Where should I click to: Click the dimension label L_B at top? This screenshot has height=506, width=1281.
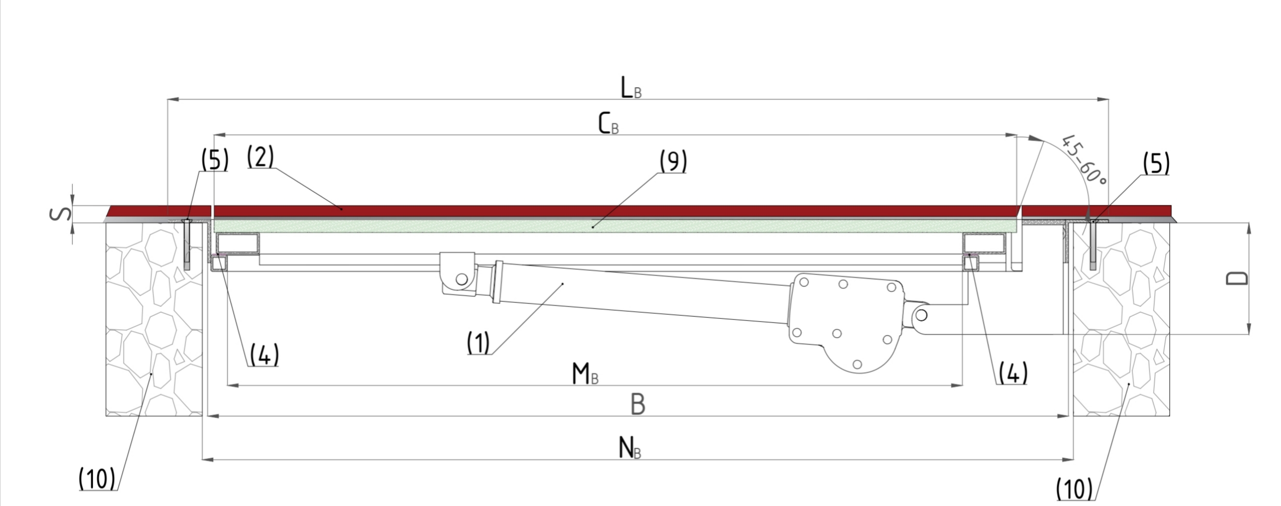coord(630,87)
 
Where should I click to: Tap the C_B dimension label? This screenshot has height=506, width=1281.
coord(608,125)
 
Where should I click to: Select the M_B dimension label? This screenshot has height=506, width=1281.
coord(585,374)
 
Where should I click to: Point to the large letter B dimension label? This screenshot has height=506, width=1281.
coord(638,404)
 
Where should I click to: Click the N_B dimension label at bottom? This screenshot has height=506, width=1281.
coord(629,449)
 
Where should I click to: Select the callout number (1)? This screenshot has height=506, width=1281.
coord(478,343)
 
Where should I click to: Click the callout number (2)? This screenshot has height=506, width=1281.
coord(260,157)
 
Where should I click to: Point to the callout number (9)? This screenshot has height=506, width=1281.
coord(673,161)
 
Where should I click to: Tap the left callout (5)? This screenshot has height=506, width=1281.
coord(214,160)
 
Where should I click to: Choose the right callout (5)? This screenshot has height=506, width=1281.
coord(1156,164)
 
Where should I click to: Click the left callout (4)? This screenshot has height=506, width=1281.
coord(264,355)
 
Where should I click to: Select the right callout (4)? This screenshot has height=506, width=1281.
coord(1013,373)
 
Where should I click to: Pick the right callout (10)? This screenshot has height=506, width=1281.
coord(1074,488)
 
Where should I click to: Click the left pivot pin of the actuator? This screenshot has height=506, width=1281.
coord(462,280)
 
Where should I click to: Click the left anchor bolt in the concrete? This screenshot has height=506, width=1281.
coord(187,243)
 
